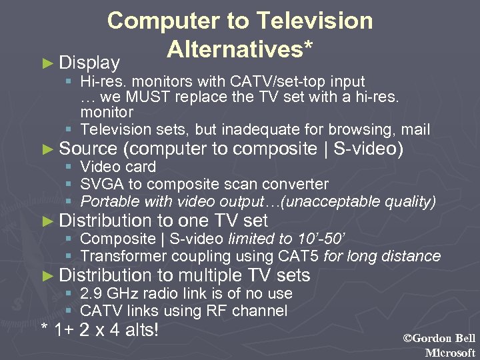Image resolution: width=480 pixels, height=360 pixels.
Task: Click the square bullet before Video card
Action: (x=69, y=167)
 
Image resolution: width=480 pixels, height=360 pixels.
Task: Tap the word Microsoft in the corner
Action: (x=450, y=353)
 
